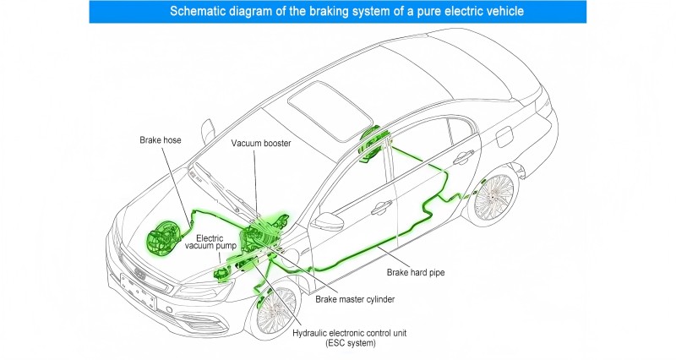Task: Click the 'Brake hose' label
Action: pyautogui.click(x=161, y=139)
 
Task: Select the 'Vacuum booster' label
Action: pyautogui.click(x=261, y=144)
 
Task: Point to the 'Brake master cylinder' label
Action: pyautogui.click(x=355, y=298)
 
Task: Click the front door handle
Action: pyautogui.click(x=382, y=206)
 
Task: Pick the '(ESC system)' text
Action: pyautogui.click(x=349, y=344)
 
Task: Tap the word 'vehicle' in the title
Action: pyautogui.click(x=504, y=12)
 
